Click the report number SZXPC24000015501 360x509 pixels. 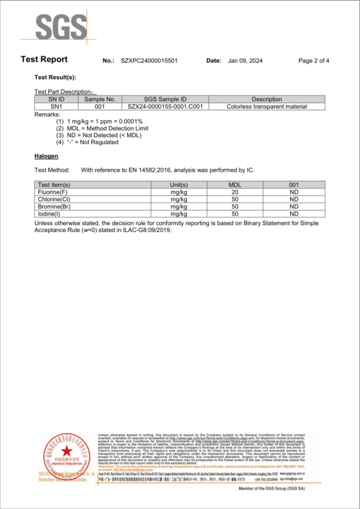click(x=149, y=61)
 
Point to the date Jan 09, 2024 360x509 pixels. click(x=245, y=61)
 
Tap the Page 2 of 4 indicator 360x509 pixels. click(x=314, y=61)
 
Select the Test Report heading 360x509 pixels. click(x=44, y=59)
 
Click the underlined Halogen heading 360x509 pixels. click(x=46, y=156)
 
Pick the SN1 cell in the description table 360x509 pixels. click(x=57, y=107)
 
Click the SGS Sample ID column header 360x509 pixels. click(x=165, y=99)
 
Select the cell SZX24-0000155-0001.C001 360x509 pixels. click(x=165, y=107)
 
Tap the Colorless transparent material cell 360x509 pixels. click(x=267, y=107)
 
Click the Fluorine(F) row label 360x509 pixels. click(x=53, y=192)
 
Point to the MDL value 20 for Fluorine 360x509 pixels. click(x=235, y=192)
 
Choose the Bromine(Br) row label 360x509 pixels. click(x=54, y=206)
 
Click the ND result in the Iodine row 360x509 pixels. click(x=294, y=214)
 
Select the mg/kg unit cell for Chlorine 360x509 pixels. click(x=179, y=199)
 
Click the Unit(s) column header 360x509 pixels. click(x=179, y=185)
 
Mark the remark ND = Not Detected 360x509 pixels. click(x=104, y=135)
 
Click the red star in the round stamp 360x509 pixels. click(x=67, y=451)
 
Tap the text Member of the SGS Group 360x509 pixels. click(x=271, y=488)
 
